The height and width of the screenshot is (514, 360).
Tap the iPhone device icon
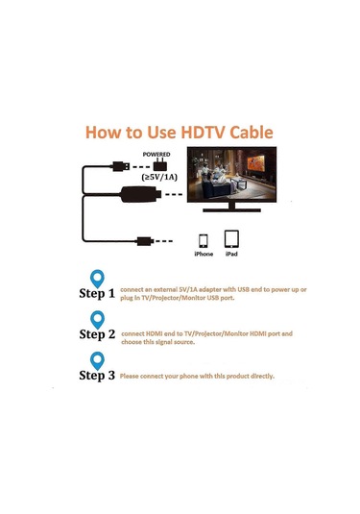[204, 240]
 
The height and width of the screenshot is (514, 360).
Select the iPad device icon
[231, 238]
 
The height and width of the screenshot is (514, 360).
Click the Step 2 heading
[96, 334]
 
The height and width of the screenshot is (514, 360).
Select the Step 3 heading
[96, 376]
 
